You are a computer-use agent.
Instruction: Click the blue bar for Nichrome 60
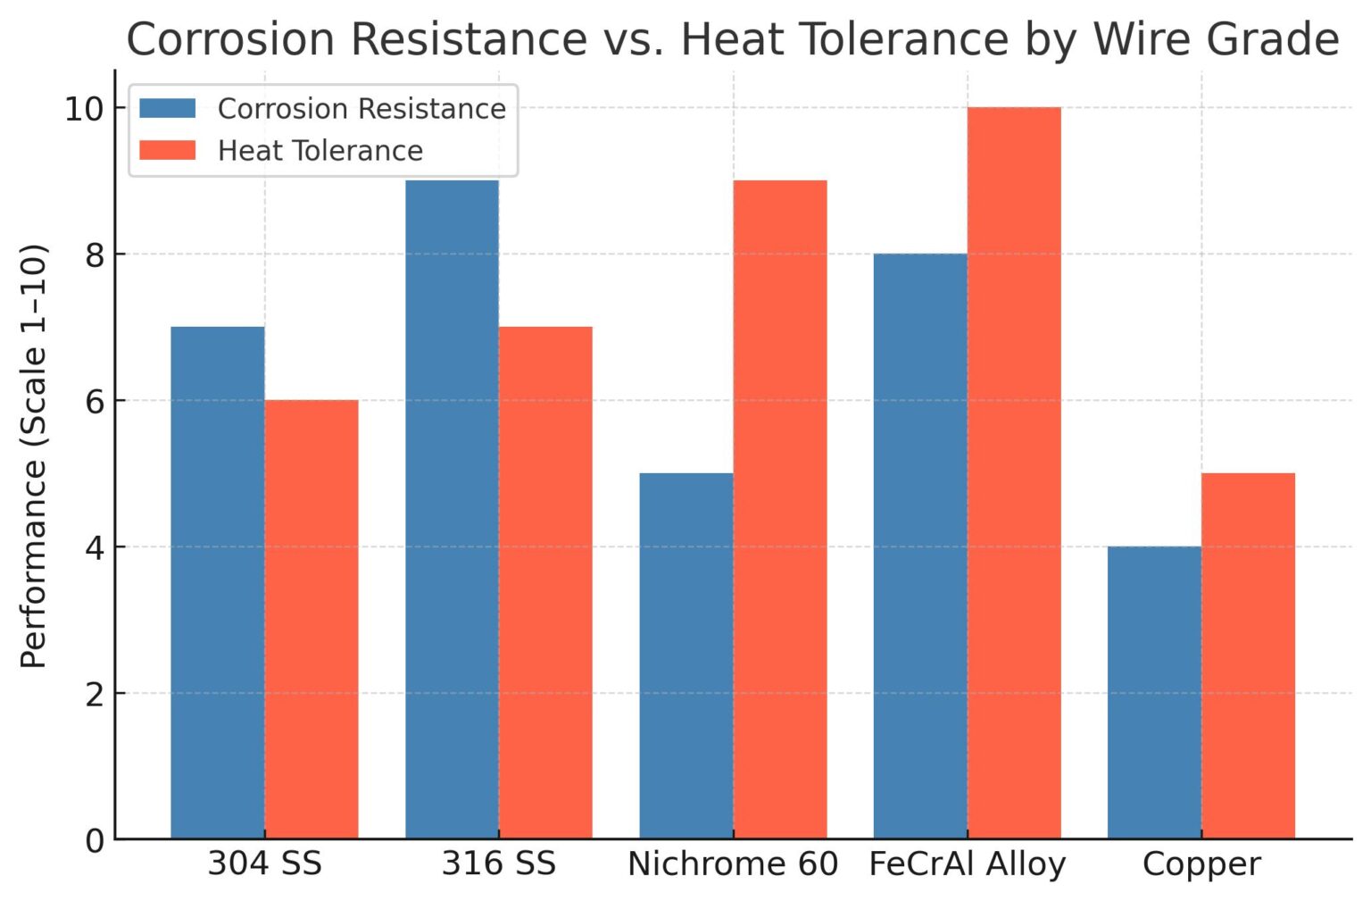[686, 655]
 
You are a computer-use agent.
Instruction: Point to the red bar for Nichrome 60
[780, 509]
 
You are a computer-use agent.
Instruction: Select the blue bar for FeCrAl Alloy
[920, 546]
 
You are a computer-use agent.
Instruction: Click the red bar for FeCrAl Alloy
[1014, 472]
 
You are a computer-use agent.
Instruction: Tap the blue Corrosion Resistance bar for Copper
[1154, 692]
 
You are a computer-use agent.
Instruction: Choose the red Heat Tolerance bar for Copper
[1248, 655]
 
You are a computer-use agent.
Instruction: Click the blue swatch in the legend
[168, 108]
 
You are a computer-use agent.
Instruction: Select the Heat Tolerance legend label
[320, 151]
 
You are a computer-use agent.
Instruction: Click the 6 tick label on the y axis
[94, 401]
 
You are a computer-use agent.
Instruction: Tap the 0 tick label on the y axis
[94, 840]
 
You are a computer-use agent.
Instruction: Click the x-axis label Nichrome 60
[733, 864]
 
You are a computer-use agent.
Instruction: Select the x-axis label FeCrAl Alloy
[968, 864]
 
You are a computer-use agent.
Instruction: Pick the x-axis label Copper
[1201, 864]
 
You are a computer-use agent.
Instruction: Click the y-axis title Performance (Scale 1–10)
[34, 455]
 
